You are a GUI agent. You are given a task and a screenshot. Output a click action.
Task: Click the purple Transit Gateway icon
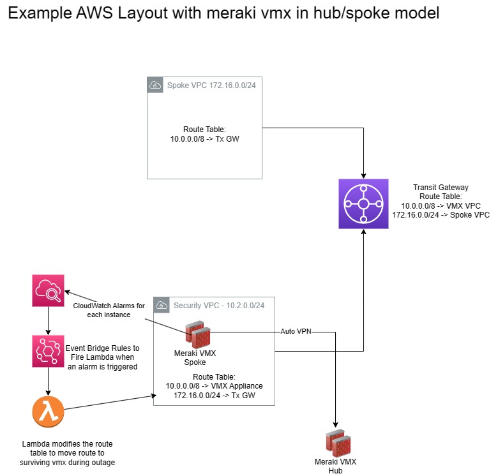(x=363, y=204)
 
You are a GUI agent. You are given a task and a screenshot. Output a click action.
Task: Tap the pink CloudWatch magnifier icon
(x=49, y=291)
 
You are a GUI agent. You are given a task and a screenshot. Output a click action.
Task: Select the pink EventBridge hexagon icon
(x=49, y=352)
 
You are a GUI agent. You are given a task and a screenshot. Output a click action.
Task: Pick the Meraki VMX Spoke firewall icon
(x=197, y=334)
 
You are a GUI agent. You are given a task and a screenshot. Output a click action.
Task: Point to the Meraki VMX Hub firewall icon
(x=337, y=443)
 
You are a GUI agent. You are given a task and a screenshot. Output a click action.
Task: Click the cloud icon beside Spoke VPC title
(x=155, y=85)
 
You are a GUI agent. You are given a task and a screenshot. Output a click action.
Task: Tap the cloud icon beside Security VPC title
(x=162, y=305)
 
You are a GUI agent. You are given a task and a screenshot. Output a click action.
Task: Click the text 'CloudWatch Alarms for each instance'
(x=109, y=310)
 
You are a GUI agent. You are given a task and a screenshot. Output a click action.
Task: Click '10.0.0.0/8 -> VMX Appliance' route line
(x=214, y=386)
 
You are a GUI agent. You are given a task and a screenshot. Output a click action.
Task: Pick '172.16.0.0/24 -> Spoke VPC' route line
(x=441, y=215)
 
